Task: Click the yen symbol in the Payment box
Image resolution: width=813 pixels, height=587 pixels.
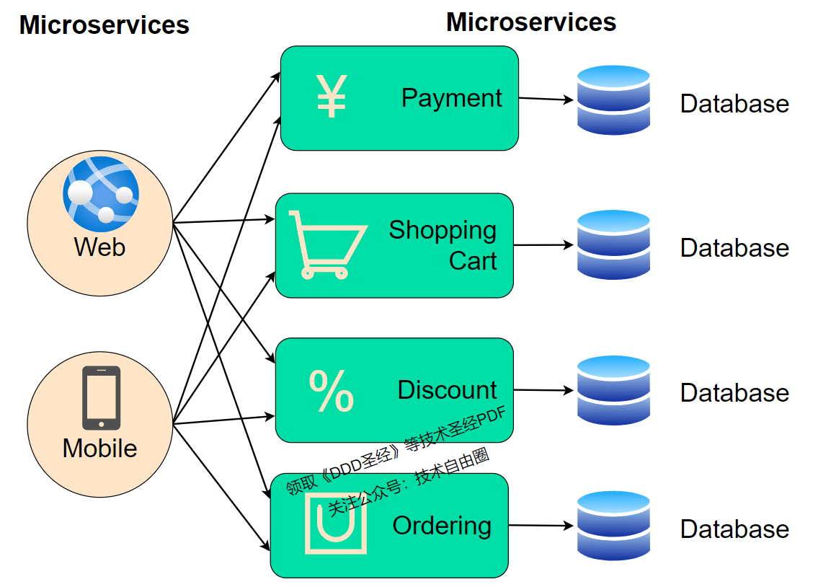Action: (332, 97)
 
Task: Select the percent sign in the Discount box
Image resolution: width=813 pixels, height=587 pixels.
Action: (332, 391)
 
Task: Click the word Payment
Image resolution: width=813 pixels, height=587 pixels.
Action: (452, 99)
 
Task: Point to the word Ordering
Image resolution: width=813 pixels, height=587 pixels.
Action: (442, 526)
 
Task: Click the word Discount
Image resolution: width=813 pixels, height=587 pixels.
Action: (447, 390)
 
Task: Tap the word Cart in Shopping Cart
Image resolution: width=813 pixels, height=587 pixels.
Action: (473, 260)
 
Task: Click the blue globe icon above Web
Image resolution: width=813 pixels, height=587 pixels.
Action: (101, 194)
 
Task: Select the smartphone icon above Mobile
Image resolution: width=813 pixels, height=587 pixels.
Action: (101, 398)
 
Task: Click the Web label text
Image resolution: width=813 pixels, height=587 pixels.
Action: (99, 247)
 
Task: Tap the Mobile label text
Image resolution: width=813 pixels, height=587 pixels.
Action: (99, 448)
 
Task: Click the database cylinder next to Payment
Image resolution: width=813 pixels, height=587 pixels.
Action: (613, 100)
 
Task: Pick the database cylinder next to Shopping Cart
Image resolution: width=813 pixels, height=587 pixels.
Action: (613, 244)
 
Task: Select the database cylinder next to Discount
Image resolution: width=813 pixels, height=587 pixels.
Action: (613, 390)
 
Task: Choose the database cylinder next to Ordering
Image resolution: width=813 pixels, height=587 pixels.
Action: (613, 526)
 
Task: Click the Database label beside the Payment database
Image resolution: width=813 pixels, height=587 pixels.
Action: (734, 104)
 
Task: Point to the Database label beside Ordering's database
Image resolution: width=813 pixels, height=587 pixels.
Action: (734, 529)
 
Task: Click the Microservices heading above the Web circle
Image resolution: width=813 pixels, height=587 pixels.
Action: (105, 25)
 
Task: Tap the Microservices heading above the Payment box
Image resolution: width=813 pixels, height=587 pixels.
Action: (531, 22)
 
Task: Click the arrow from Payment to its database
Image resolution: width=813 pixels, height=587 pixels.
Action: (546, 99)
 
